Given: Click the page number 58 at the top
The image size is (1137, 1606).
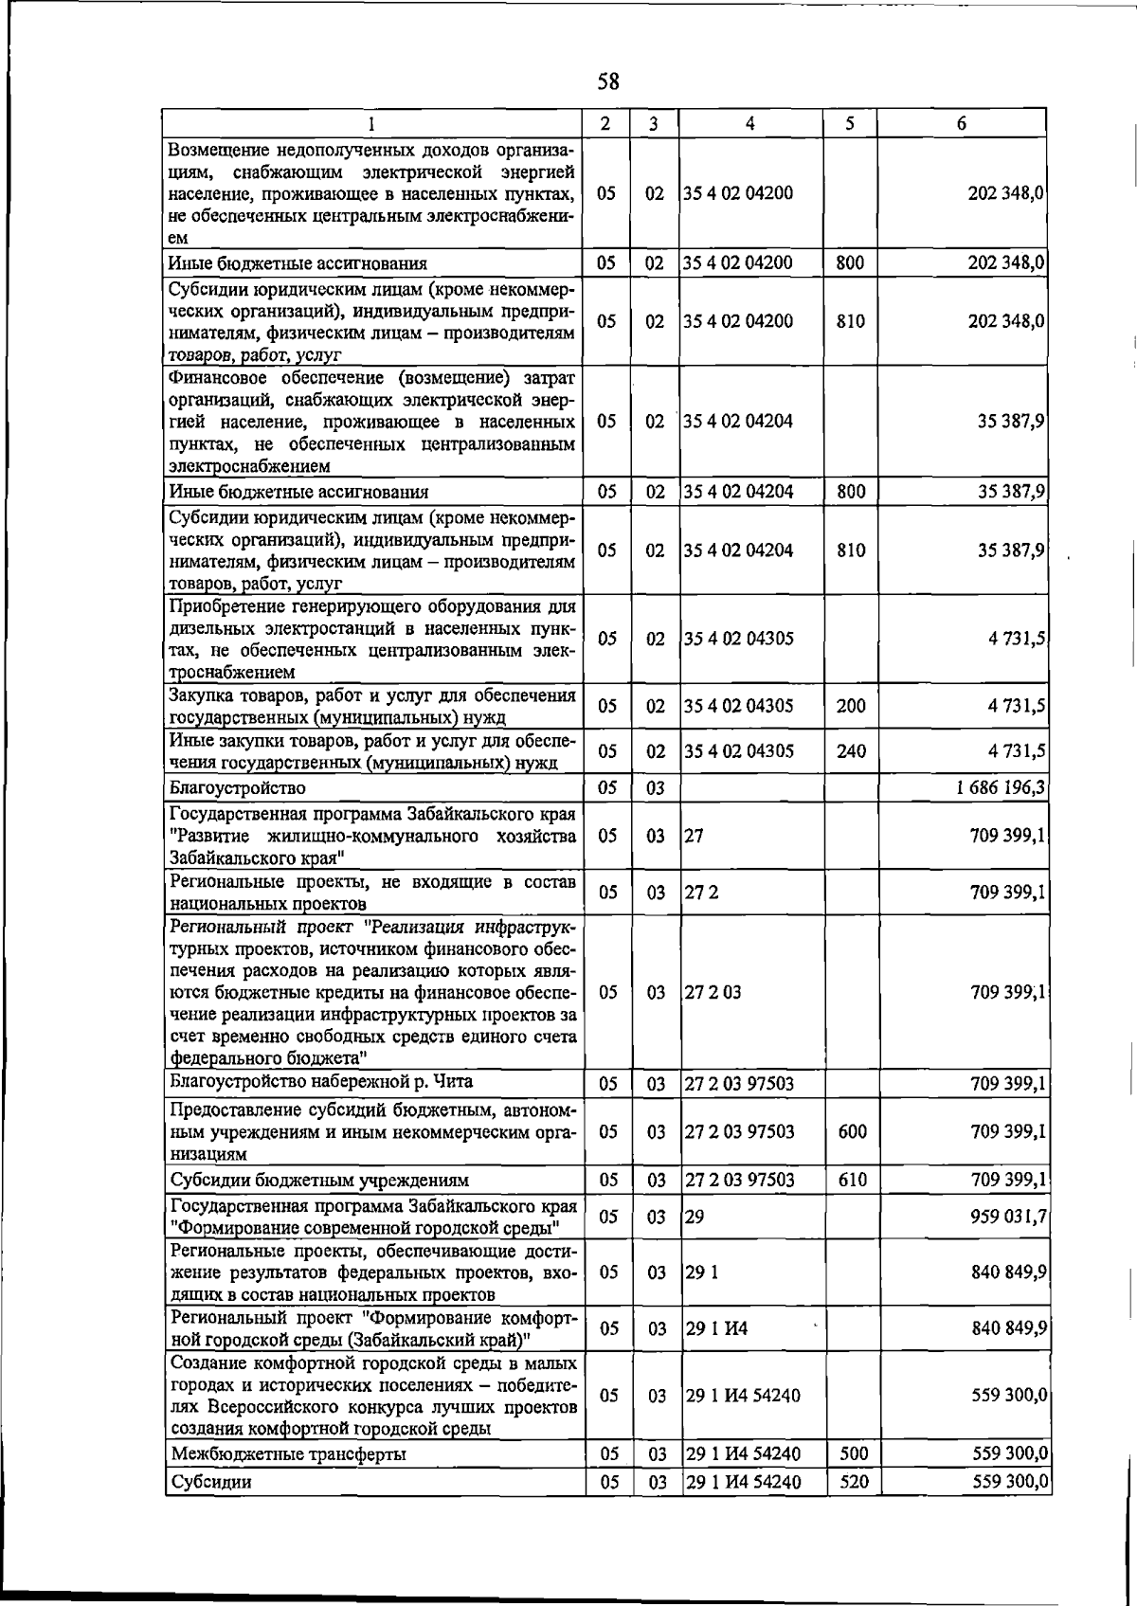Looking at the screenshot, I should click(x=608, y=82).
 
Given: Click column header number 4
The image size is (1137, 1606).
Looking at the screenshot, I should click(x=749, y=123).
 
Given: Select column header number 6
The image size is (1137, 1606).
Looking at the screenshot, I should click(x=961, y=123).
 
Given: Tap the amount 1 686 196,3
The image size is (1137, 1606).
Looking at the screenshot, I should click(x=1002, y=787).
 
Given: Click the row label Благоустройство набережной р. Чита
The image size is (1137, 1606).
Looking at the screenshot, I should click(x=320, y=1082).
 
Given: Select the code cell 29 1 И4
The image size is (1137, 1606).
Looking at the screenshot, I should click(x=716, y=1328).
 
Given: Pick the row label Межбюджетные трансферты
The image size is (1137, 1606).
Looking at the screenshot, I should click(x=288, y=1453).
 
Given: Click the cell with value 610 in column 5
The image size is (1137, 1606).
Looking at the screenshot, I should click(x=853, y=1180).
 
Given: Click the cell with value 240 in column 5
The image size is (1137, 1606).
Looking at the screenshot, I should click(x=851, y=751).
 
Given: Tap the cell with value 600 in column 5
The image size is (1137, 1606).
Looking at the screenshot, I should click(x=853, y=1131).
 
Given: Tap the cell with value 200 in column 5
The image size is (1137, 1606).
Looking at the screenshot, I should click(x=851, y=706).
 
